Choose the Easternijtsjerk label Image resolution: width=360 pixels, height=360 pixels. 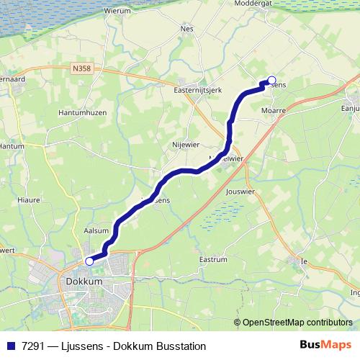click(197, 91)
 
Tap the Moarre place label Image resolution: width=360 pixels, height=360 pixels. click(274, 111)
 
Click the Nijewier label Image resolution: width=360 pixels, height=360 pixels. click(185, 144)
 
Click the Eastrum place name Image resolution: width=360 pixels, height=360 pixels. click(212, 258)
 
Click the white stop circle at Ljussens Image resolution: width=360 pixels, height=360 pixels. click(271, 81)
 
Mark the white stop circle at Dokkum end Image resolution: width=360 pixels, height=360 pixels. click(90, 261)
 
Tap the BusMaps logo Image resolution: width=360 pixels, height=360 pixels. click(326, 346)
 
